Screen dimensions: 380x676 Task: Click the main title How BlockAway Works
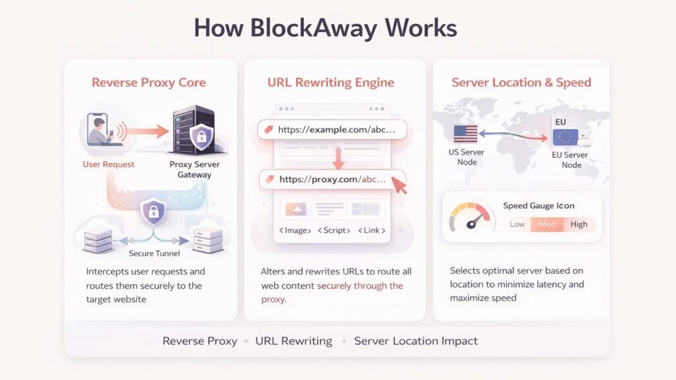coord(325,28)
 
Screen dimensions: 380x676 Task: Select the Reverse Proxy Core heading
coord(149,82)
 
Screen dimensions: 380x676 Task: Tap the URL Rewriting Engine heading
coord(331,82)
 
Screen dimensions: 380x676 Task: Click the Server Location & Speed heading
coord(521,82)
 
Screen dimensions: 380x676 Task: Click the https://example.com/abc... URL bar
coord(331,130)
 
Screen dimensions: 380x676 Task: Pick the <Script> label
coord(333,231)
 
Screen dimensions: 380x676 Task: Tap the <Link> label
coord(371,231)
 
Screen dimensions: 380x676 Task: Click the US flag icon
coord(465,134)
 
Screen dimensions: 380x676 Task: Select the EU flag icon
coord(564,137)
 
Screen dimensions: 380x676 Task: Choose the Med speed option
coord(547,224)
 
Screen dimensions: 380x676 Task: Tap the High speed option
coord(579,224)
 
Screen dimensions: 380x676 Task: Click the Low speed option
coord(517,224)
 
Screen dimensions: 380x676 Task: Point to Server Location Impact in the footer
coord(416,341)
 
